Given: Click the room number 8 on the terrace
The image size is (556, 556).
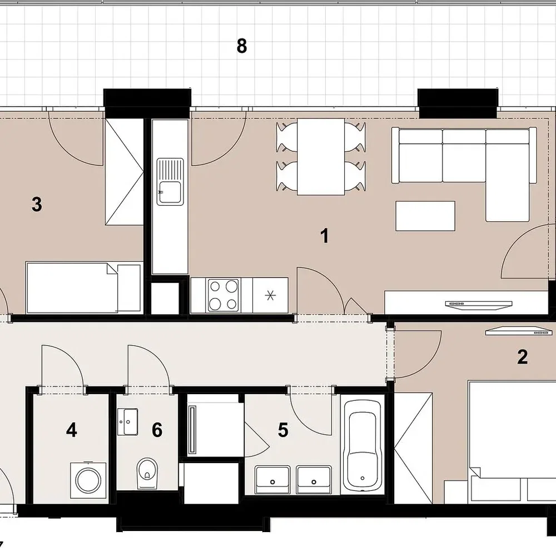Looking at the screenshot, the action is click(241, 47).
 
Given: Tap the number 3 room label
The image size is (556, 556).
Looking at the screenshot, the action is click(37, 205).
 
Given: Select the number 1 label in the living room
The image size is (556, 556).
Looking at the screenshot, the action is click(325, 236).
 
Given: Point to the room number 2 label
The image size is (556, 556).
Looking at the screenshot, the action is click(522, 357).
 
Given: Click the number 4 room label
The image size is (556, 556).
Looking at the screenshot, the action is click(72, 430).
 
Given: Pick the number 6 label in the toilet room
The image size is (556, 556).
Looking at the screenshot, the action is click(157, 430).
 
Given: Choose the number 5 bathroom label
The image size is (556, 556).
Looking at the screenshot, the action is click(283, 430).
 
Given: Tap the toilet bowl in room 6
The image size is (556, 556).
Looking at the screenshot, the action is click(147, 473).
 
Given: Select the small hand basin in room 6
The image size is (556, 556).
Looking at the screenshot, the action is click(128, 421).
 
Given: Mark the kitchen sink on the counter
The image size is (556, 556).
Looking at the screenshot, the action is click(171, 182).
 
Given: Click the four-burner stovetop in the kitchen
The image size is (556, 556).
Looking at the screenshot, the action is click(223, 295).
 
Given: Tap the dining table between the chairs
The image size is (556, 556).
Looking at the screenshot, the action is click(321, 157).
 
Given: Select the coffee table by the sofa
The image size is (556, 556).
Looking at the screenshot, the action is click(425, 216).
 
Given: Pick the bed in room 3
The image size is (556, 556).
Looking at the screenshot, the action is click(84, 287).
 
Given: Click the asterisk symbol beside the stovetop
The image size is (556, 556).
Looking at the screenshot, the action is click(270, 295).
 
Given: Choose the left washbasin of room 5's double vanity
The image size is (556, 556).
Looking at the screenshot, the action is click(272, 479).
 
